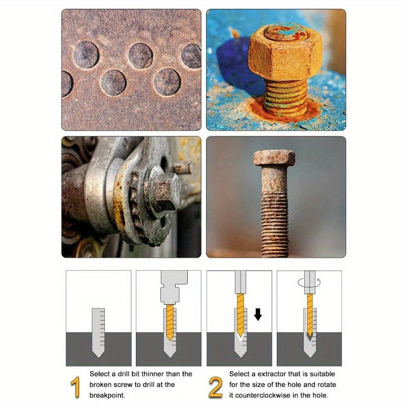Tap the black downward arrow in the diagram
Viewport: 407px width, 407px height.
click(x=258, y=315)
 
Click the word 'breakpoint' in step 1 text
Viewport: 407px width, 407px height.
click(x=108, y=395)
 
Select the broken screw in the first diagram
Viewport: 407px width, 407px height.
click(x=98, y=331)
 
